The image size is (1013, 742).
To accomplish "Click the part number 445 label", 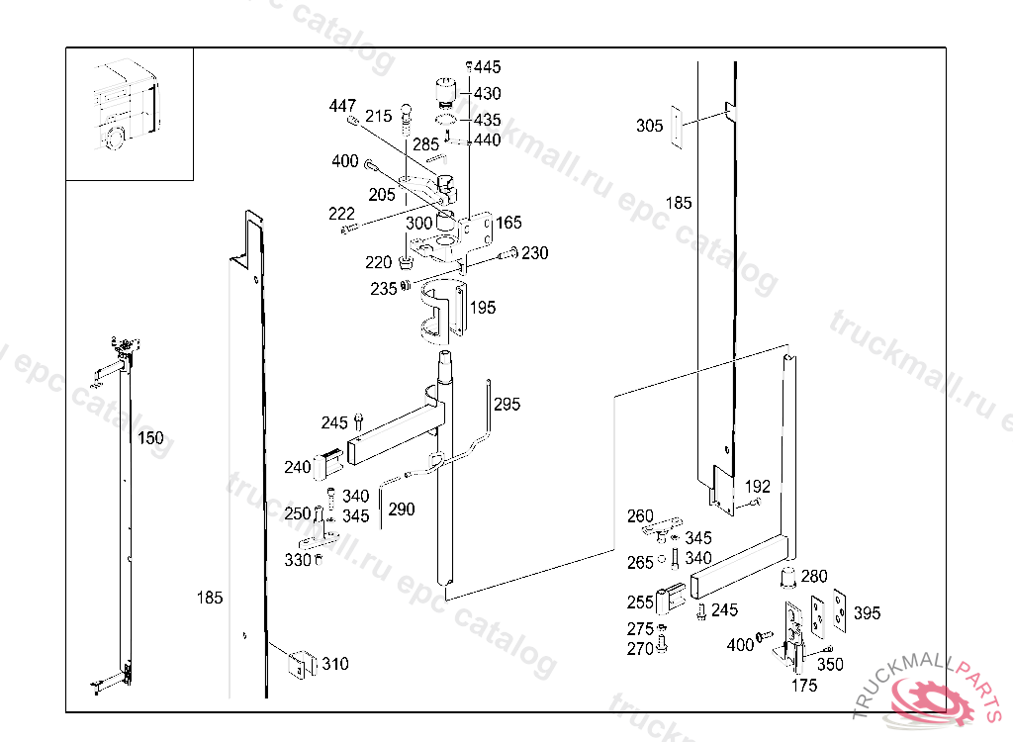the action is pos(487,66).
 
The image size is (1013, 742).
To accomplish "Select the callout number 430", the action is pos(487,94).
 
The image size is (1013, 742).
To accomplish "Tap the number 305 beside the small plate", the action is pos(649,126).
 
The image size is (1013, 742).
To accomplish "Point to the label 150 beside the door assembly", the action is pos(150,438).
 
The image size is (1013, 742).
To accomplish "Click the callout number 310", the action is pos(335,664).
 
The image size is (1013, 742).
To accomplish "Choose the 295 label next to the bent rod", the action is pos(507,405).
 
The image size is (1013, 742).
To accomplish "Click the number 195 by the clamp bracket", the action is pos(483,308).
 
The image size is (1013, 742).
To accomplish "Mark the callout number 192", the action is pos(757,486).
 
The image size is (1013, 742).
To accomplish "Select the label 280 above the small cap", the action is pos(814,576).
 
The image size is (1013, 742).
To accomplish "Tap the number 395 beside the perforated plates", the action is pos(867,612).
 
